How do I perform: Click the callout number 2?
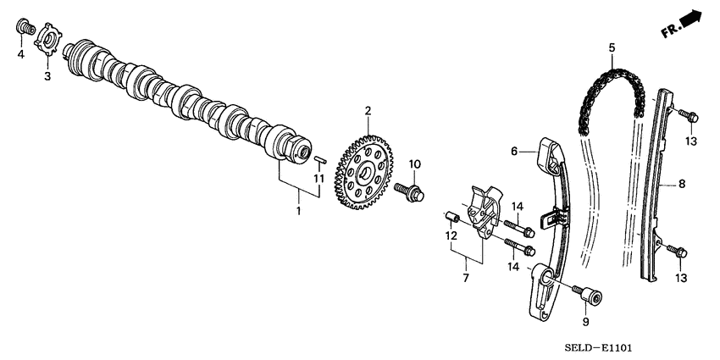tap(368, 110)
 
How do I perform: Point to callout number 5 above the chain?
tap(611, 48)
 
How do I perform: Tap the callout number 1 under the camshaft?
tap(298, 208)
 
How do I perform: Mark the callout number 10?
tap(415, 163)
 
